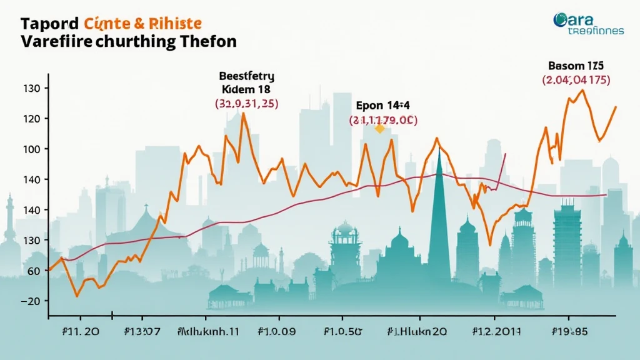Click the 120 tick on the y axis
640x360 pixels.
click(32, 119)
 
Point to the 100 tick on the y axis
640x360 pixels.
click(32, 149)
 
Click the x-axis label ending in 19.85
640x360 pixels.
click(570, 331)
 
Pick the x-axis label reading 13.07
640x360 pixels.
click(142, 331)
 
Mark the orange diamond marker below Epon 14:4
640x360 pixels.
click(379, 129)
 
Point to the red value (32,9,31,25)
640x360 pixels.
click(247, 104)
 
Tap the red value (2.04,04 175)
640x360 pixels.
click(576, 80)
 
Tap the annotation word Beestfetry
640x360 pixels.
click(247, 76)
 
